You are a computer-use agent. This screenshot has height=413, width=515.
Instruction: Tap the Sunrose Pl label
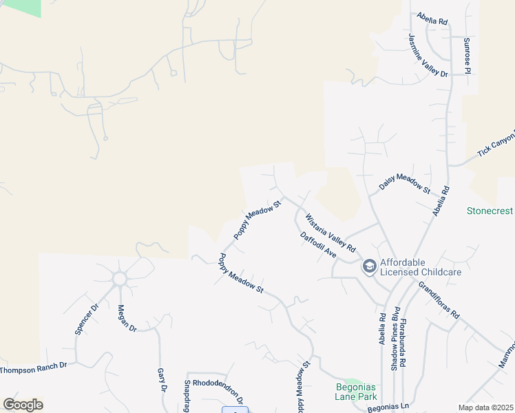pyautogui.click(x=467, y=56)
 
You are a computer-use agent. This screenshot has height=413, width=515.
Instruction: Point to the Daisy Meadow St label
pyautogui.click(x=405, y=180)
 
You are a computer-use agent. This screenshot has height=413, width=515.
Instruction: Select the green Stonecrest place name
pyautogui.click(x=490, y=211)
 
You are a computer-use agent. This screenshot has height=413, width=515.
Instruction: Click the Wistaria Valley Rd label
pyautogui.click(x=330, y=233)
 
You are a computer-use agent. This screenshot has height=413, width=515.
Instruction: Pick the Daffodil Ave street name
pyautogui.click(x=318, y=245)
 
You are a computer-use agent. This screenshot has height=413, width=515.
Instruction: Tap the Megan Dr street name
pyautogui.click(x=127, y=318)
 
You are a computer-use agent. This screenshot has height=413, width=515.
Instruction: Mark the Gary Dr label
pyautogui.click(x=162, y=379)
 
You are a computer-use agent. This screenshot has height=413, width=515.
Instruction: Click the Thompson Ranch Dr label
pyautogui.click(x=34, y=368)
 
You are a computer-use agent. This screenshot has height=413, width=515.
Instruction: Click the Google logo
pyautogui.click(x=23, y=404)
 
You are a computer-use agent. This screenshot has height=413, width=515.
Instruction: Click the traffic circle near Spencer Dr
pyautogui.click(x=120, y=279)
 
